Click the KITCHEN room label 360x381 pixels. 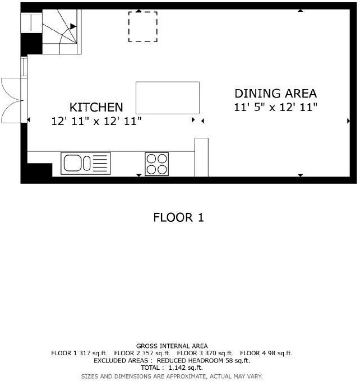coord(96,107)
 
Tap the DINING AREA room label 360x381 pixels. coord(275,94)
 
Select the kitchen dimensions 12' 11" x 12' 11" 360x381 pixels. coord(96,120)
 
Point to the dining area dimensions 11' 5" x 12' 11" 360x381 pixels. coord(275,107)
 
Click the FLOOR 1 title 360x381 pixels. coord(178,217)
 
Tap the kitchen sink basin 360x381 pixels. coord(73,164)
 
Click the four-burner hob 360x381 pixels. coord(156,164)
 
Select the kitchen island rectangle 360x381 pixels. coord(168,97)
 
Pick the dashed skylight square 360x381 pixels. coord(143,27)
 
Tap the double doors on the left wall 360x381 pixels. coord(11,100)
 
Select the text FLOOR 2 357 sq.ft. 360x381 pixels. coord(142,354)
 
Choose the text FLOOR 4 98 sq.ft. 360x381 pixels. coord(266,354)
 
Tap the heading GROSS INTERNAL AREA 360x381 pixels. coord(172,346)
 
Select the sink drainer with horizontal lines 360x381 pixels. coord(100,164)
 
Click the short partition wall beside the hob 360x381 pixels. coord(201,156)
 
